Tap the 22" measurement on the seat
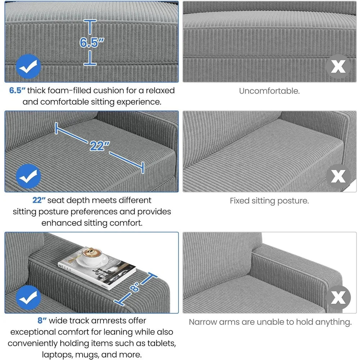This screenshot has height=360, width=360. [x=99, y=146]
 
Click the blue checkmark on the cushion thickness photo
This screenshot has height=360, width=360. [x=28, y=66]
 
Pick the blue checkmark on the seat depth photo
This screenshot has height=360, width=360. [x=28, y=176]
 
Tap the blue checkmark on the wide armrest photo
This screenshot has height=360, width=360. [x=28, y=297]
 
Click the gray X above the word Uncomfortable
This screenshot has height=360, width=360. [x=338, y=66]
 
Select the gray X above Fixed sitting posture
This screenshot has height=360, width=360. [x=338, y=176]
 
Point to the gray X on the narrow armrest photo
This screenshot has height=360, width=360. [x=338, y=297]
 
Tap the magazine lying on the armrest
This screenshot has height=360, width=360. [x=97, y=268]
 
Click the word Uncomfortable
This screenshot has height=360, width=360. [x=269, y=91]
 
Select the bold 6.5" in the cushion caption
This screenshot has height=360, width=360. [x=17, y=90]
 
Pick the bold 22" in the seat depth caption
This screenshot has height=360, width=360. [x=39, y=200]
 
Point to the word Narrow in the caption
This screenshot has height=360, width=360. [x=203, y=322]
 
